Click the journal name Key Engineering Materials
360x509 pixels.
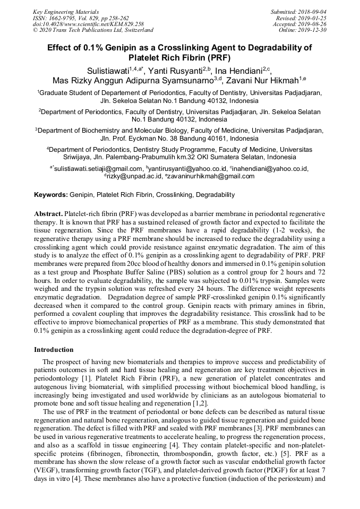(x=66, y=11)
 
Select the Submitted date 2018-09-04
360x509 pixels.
(x=311, y=11)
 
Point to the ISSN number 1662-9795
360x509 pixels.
(x=66, y=18)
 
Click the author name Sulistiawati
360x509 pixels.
(x=108, y=71)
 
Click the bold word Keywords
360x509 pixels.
(x=50, y=195)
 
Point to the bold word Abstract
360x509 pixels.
(x=48, y=212)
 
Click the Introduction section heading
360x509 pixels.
(x=54, y=350)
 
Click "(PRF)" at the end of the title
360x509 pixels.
(x=218, y=57)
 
